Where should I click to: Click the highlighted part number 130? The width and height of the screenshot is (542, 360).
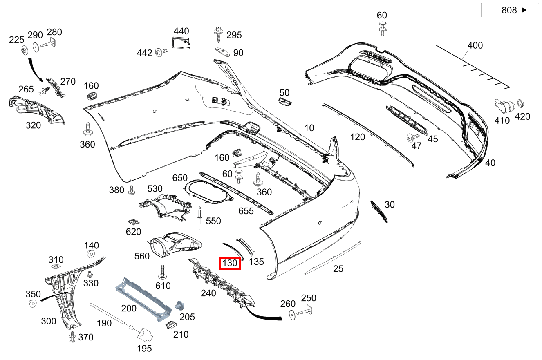pos(230,264)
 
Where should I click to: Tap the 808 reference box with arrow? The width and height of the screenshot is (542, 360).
pos(509,10)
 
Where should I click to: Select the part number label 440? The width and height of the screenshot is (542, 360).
pos(181,31)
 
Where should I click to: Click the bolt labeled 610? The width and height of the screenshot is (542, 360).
pos(163,271)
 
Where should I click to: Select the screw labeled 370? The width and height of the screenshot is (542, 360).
pos(72,337)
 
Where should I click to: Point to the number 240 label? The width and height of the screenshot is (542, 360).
pos(208,293)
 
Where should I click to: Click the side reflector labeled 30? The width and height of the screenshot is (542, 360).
pos(379,211)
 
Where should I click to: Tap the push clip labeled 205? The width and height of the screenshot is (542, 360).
pos(179,306)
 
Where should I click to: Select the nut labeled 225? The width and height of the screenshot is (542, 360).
pos(24,50)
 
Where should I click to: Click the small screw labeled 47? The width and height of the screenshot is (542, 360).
pos(411,137)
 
